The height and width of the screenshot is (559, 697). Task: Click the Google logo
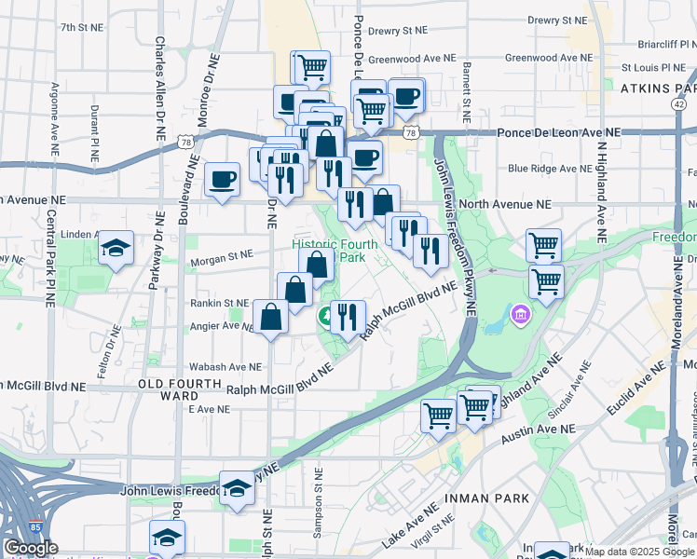click(31, 548)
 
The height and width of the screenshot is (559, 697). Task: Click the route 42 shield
click(677, 105)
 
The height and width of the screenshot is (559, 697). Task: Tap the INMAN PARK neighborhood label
click(489, 498)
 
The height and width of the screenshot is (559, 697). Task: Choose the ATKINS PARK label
click(658, 89)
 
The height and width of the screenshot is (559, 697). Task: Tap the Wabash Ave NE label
click(225, 367)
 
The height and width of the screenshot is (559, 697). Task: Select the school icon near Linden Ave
click(116, 248)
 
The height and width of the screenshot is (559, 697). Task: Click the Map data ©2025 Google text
click(639, 552)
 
